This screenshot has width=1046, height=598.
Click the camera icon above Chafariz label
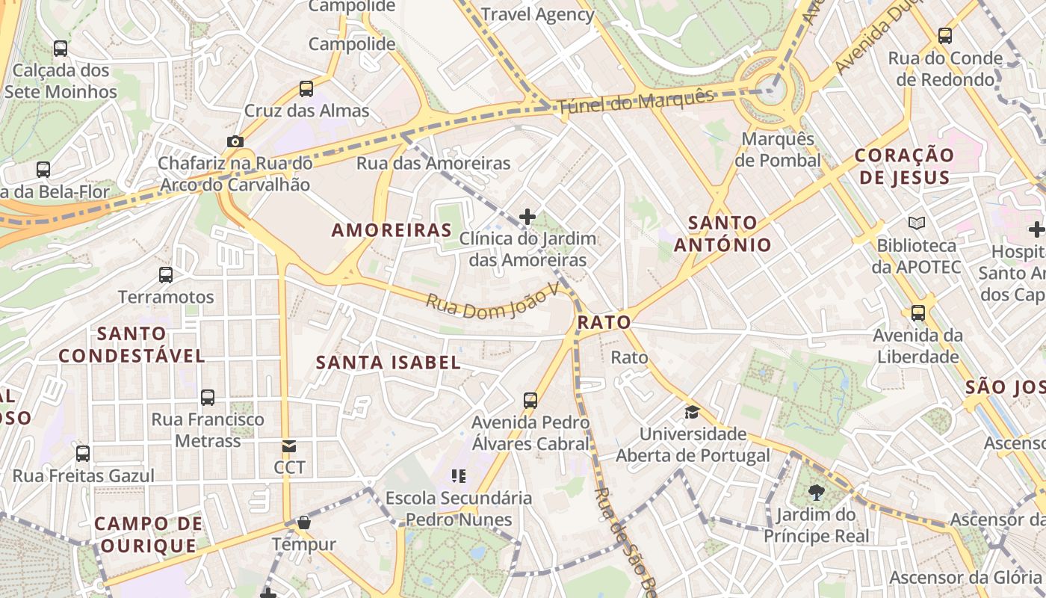(x=235, y=141)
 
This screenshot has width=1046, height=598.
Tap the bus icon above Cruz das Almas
(x=306, y=88)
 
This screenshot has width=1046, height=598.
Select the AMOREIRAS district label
(x=392, y=230)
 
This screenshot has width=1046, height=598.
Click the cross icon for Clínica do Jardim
(x=527, y=217)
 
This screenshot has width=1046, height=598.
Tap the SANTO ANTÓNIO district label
(x=722, y=233)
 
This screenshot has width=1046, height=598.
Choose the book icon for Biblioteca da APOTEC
(x=916, y=223)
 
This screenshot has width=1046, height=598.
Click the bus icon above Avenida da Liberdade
(x=917, y=312)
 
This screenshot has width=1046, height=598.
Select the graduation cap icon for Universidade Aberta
(x=692, y=412)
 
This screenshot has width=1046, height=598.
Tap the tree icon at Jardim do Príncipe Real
(x=816, y=493)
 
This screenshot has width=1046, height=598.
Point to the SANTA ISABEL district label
(x=388, y=363)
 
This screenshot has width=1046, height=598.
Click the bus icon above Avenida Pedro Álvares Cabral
(x=530, y=400)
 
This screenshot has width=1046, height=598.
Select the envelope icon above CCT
(x=288, y=446)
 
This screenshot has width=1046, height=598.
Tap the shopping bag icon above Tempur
(x=303, y=522)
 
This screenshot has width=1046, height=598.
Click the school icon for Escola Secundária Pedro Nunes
(x=459, y=475)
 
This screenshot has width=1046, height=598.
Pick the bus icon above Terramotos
(x=166, y=274)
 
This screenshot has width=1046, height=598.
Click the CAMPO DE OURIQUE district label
(x=149, y=534)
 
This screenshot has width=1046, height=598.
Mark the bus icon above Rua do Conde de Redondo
(x=945, y=35)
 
